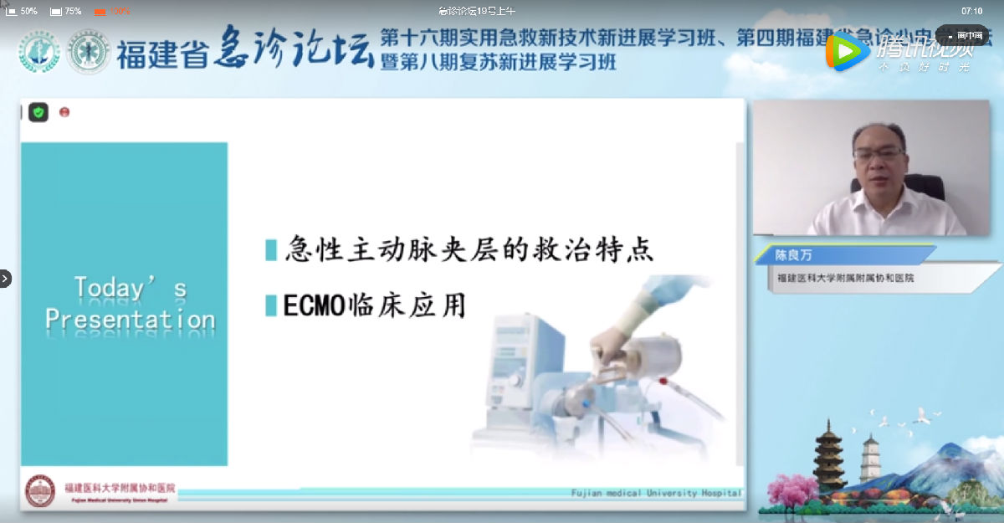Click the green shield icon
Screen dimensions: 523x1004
(38, 112)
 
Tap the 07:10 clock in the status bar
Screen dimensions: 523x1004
(971, 11)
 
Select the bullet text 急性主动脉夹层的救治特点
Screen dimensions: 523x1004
(469, 249)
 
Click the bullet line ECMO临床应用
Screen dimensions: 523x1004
(374, 305)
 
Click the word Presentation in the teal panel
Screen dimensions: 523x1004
(130, 319)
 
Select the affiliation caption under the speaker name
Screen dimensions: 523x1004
(845, 278)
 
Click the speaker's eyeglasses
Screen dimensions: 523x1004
(879, 155)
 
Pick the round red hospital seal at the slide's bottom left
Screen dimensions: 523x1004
(40, 491)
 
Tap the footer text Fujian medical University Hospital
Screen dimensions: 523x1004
(656, 493)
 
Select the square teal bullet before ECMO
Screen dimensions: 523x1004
(271, 305)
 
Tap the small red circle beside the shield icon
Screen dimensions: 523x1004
(64, 112)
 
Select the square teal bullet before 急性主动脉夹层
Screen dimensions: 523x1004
(271, 249)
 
